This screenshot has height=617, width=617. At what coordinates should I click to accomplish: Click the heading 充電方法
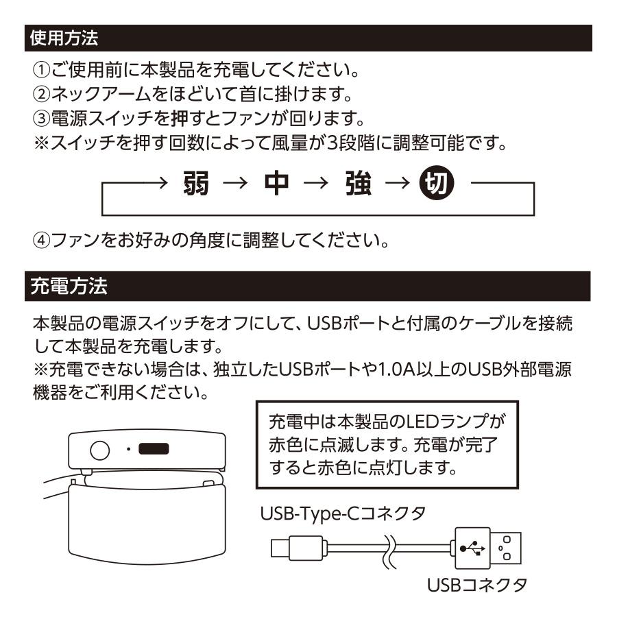click(62, 285)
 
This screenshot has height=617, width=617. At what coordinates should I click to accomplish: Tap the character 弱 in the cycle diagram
click(199, 184)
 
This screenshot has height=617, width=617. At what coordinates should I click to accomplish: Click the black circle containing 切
click(433, 184)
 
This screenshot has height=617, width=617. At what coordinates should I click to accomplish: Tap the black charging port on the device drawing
click(153, 450)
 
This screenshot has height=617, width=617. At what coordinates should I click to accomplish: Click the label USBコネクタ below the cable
click(476, 587)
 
